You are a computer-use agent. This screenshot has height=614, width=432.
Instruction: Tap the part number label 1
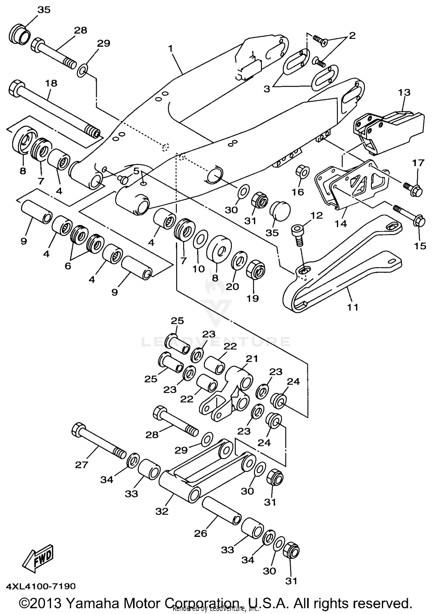[171, 49]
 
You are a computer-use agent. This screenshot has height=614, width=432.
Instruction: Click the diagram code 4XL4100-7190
[40, 586]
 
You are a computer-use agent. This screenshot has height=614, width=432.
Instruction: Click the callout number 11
[353, 307]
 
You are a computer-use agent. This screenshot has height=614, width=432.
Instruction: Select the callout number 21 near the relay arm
[252, 359]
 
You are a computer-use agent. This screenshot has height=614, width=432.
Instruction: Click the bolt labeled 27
[98, 442]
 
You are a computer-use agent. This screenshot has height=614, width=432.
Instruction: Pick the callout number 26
[200, 533]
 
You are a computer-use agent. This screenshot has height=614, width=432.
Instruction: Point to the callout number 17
[418, 163]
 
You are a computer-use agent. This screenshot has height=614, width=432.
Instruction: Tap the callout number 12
[317, 215]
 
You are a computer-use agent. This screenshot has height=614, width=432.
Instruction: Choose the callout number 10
[198, 269]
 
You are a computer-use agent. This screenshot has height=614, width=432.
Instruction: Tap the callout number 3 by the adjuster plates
[267, 89]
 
